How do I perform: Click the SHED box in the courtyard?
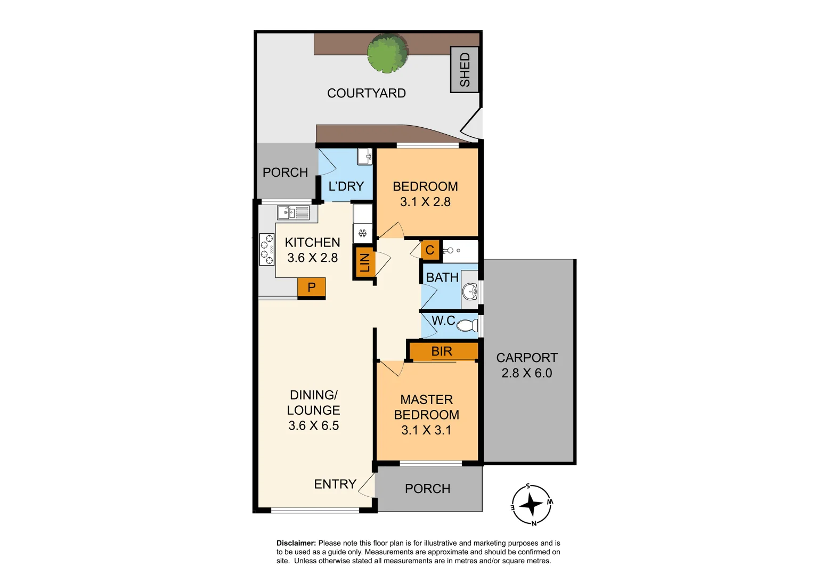coord(465,70)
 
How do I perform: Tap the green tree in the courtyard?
coord(388,53)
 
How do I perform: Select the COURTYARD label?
coord(367,93)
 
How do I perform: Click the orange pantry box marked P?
coord(312,287)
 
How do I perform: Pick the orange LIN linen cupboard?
coord(364,262)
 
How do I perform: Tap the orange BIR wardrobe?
coord(442,351)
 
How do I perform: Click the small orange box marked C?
coord(430,250)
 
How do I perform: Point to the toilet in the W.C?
coord(467,325)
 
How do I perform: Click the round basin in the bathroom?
coord(469,291)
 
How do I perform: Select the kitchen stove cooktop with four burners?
coord(266,249)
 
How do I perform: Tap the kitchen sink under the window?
coord(293,213)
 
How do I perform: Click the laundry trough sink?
coord(364,157)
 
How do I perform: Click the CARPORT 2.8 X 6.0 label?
coord(527,365)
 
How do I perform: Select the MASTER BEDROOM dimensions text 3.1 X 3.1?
coord(426,430)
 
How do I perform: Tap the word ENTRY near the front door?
coord(335,484)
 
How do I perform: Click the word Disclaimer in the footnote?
coord(296,543)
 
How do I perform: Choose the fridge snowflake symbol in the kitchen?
coord(362,233)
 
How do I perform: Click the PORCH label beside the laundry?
coord(285,172)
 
